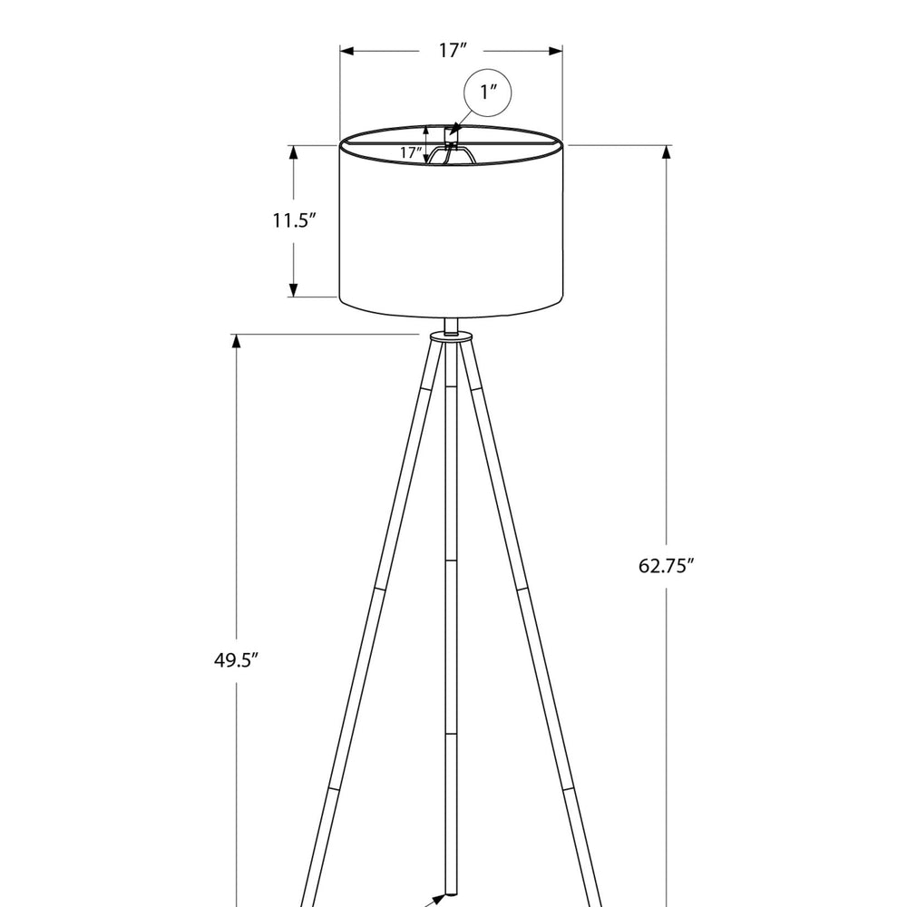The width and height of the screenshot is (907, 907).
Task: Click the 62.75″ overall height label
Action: click(666, 565)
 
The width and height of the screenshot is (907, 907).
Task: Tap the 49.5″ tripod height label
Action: click(236, 660)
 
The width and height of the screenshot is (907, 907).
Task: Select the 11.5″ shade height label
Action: click(295, 220)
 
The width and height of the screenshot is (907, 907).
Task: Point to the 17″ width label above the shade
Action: click(452, 50)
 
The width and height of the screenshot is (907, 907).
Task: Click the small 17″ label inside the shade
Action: click(411, 152)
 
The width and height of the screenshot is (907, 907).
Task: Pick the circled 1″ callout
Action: click(488, 93)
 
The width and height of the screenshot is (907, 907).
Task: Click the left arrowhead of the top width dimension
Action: click(346, 52)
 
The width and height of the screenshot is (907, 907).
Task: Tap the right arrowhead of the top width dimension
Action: click(556, 52)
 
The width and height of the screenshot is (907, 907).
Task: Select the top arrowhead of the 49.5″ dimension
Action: click(236, 341)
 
